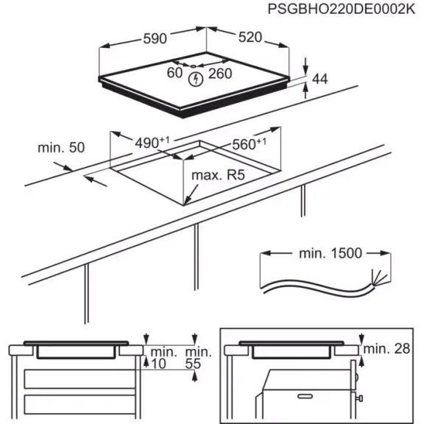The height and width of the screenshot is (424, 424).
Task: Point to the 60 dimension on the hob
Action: pyautogui.click(x=174, y=73)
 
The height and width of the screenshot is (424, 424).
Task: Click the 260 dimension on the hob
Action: pyautogui.click(x=220, y=73)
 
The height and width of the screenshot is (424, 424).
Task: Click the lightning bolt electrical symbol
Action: pyautogui.click(x=196, y=78)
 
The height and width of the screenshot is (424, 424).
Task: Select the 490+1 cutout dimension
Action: pyautogui.click(x=152, y=141)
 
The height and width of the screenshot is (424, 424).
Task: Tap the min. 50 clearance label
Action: pyautogui.click(x=60, y=147)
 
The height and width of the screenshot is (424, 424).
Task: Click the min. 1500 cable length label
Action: pyautogui.click(x=330, y=253)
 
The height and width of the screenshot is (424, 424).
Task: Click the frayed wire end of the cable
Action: pyautogui.click(x=376, y=280)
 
